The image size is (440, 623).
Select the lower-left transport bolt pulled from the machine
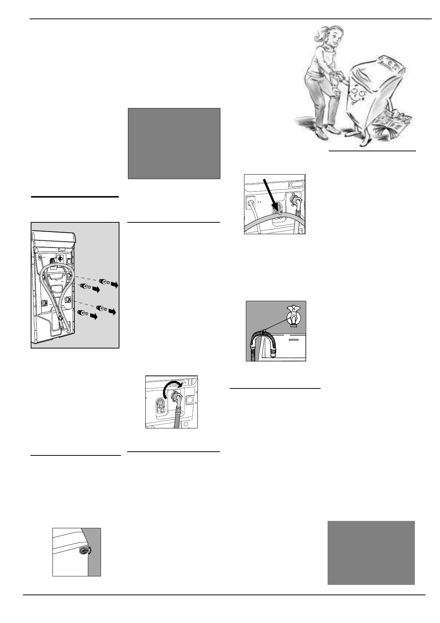(x=83, y=313)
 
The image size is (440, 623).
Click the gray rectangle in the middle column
(x=174, y=144)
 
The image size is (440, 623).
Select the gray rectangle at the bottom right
(x=371, y=553)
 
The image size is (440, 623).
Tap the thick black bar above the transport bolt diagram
(x=75, y=197)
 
